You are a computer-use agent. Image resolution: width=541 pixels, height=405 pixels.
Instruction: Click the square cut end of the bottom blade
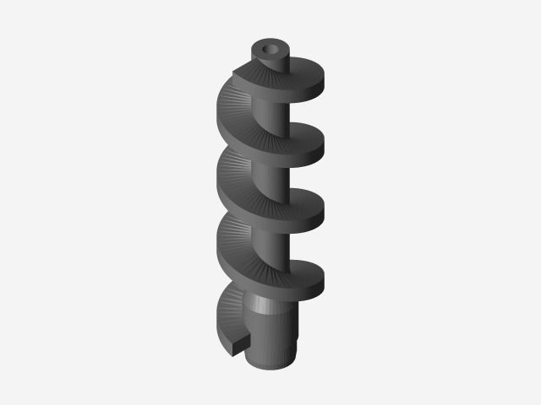coord(242,343)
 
